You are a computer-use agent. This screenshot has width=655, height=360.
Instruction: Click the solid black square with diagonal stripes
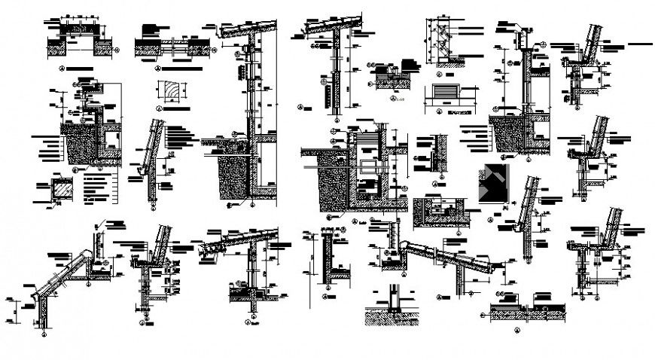[492, 183]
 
